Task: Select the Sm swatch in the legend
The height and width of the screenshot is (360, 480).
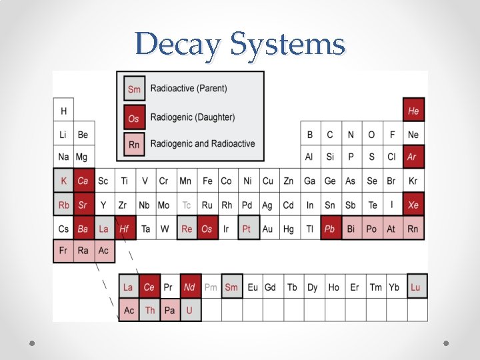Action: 134,89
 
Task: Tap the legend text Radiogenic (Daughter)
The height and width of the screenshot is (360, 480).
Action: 192,117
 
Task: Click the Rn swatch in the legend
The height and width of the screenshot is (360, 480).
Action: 134,144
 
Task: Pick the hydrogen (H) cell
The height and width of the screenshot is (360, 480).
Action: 64,111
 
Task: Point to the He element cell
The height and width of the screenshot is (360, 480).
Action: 413,111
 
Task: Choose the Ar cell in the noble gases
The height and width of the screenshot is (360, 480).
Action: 413,157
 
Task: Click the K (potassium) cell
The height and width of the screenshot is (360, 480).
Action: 64,181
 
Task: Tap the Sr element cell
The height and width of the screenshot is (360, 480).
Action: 83,205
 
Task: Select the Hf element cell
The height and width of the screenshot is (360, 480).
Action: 124,229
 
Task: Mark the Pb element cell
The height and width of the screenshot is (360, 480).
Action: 330,229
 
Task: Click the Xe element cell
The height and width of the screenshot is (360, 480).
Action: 413,205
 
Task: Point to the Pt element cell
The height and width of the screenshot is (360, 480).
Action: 247,229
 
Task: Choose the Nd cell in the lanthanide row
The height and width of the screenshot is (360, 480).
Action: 190,287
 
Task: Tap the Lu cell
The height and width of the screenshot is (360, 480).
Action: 416,287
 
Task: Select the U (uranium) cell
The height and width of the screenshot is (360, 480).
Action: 190,310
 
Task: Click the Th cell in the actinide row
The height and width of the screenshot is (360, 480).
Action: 149,310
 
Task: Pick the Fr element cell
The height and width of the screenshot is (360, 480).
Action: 64,251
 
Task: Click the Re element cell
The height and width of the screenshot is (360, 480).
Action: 187,229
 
